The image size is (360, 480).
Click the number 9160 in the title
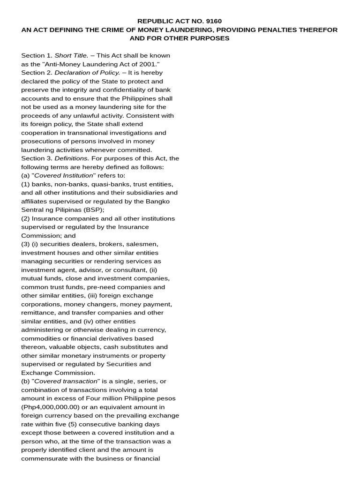pos(213,21)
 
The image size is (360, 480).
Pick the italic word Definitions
pos(72,158)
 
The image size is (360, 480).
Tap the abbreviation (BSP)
pos(93,210)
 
